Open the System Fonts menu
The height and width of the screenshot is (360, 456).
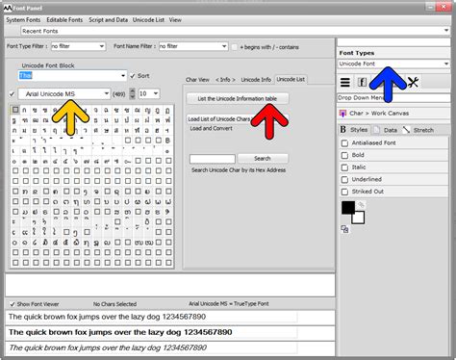tap(23, 18)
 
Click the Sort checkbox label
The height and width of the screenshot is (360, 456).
tap(144, 74)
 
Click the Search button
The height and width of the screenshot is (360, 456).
tap(262, 158)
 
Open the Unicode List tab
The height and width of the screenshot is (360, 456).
tap(291, 79)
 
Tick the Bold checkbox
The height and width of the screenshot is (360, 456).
tap(346, 154)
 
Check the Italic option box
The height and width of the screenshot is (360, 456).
tap(346, 167)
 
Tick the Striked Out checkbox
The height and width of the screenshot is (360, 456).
tap(346, 191)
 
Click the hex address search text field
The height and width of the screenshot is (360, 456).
tap(213, 158)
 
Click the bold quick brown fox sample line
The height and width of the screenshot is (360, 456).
tap(120, 331)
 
